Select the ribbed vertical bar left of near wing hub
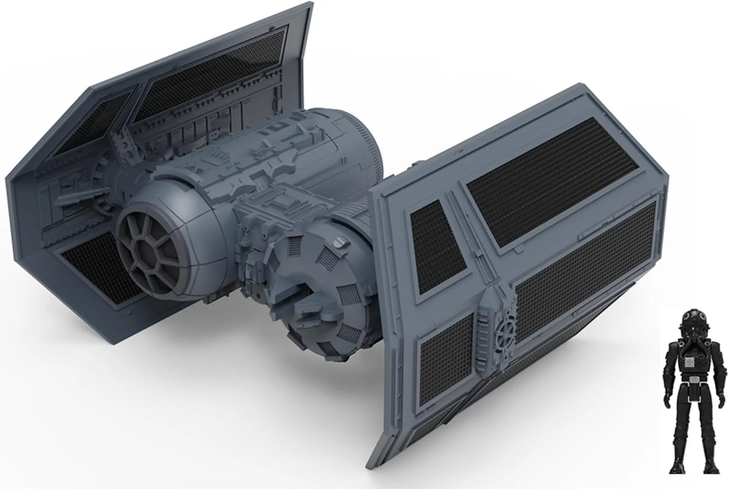pos(485,323)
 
